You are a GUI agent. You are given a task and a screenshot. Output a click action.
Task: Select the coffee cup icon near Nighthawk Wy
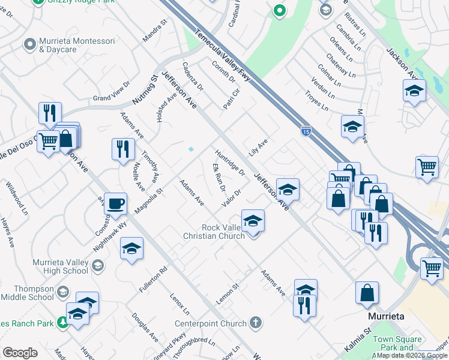(115, 203)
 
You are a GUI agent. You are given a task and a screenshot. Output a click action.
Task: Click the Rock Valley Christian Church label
(214, 232)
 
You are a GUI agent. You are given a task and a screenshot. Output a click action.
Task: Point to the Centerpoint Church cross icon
(256, 323)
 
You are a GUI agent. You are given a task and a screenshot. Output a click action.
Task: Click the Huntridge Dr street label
(230, 163)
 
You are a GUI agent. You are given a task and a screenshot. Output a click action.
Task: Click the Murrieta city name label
(385, 316)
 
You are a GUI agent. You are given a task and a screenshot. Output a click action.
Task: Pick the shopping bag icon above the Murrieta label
(367, 292)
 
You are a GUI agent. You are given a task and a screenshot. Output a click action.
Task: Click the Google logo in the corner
(20, 353)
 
